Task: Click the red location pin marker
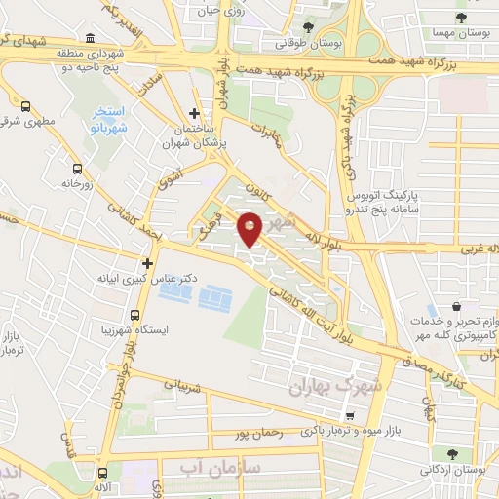(251, 228)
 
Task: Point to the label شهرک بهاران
(324, 387)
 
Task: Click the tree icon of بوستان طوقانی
(308, 26)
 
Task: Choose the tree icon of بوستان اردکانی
(451, 453)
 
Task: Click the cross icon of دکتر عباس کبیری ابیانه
(147, 262)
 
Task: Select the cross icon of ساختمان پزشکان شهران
(194, 114)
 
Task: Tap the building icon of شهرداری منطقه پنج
(90, 38)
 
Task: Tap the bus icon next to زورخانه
(75, 167)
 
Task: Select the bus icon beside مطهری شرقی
(24, 105)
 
